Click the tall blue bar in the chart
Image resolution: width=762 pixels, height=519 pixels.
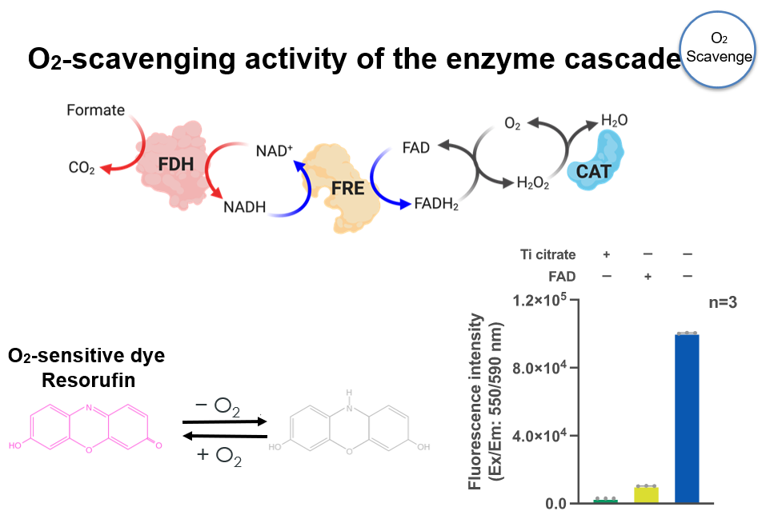pos(687,418)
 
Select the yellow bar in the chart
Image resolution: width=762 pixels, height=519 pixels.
pos(646,494)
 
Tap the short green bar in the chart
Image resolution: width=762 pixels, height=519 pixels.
pos(605,501)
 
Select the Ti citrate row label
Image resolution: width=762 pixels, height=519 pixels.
pos(547,255)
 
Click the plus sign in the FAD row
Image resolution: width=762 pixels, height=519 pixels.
pos(646,277)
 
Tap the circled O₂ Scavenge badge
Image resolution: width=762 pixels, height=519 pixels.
pos(720,49)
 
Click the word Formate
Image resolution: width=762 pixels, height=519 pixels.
pos(95,110)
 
